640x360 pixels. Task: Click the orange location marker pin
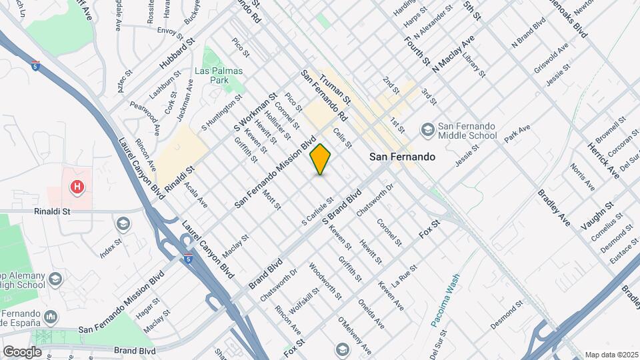click(x=321, y=159)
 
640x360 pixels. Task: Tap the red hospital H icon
click(x=78, y=187)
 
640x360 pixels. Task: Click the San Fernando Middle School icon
click(x=427, y=129)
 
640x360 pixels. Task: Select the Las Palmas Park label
click(x=219, y=75)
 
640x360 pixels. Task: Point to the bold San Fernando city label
click(x=403, y=157)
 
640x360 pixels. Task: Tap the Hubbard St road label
click(x=176, y=53)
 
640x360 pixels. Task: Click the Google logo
click(x=22, y=351)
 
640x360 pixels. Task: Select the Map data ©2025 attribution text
click(x=611, y=355)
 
